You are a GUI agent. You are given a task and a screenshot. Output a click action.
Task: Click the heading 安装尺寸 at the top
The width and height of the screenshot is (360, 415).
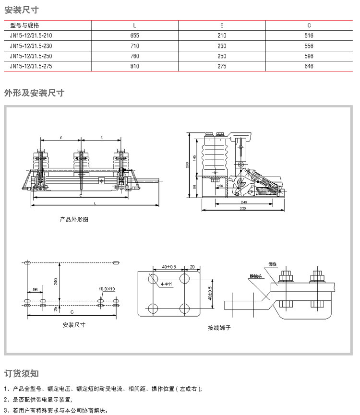click(x=21, y=10)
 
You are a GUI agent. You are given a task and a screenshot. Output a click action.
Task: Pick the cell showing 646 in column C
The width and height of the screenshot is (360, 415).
click(x=309, y=66)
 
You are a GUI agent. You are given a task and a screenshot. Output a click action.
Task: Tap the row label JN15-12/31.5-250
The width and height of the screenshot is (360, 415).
click(x=31, y=56)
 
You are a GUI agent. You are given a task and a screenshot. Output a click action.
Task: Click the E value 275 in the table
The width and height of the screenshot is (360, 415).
click(x=221, y=66)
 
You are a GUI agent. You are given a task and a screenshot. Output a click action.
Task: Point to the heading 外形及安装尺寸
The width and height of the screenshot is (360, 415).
click(x=34, y=93)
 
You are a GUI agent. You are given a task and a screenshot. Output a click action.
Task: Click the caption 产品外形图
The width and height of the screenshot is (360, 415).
click(x=74, y=219)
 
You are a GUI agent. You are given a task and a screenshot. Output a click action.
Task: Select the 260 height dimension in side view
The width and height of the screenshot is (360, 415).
click(x=188, y=165)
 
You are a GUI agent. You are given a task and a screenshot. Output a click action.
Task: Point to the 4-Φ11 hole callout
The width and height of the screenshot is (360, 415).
click(x=167, y=285)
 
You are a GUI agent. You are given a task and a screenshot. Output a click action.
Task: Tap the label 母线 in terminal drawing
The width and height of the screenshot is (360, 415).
click(x=273, y=264)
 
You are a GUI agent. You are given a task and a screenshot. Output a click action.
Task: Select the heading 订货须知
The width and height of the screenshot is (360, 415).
click(x=21, y=373)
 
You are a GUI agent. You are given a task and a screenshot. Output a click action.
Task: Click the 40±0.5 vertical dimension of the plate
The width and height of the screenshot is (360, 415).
click(x=210, y=293)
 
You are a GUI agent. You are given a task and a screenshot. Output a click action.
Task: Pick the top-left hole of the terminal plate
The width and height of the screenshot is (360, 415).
click(x=154, y=279)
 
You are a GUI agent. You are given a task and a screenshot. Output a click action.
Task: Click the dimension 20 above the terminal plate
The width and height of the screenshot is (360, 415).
click(x=192, y=266)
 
